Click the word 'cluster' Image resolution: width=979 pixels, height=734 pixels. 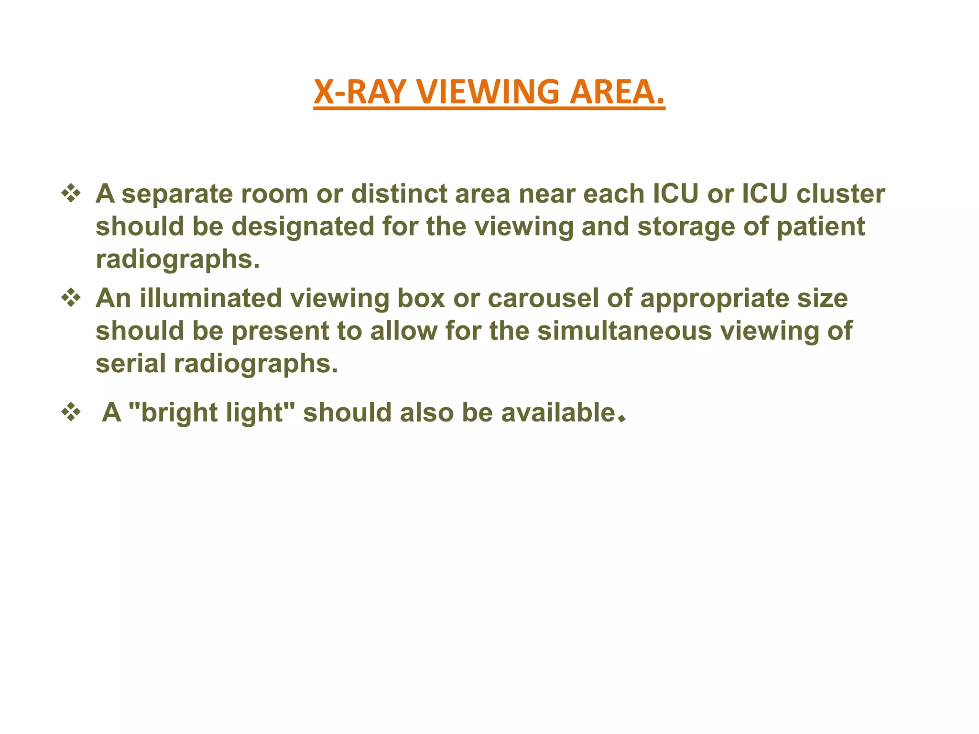(841, 194)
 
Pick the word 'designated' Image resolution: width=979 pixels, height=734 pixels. (303, 227)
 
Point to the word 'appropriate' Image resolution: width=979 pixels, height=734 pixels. (714, 299)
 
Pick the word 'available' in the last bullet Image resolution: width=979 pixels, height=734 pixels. (558, 412)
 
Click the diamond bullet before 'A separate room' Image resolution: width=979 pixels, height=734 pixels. (71, 194)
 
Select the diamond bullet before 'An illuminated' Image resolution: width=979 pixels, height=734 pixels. (71, 299)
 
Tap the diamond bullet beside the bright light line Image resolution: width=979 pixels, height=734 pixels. (71, 412)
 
